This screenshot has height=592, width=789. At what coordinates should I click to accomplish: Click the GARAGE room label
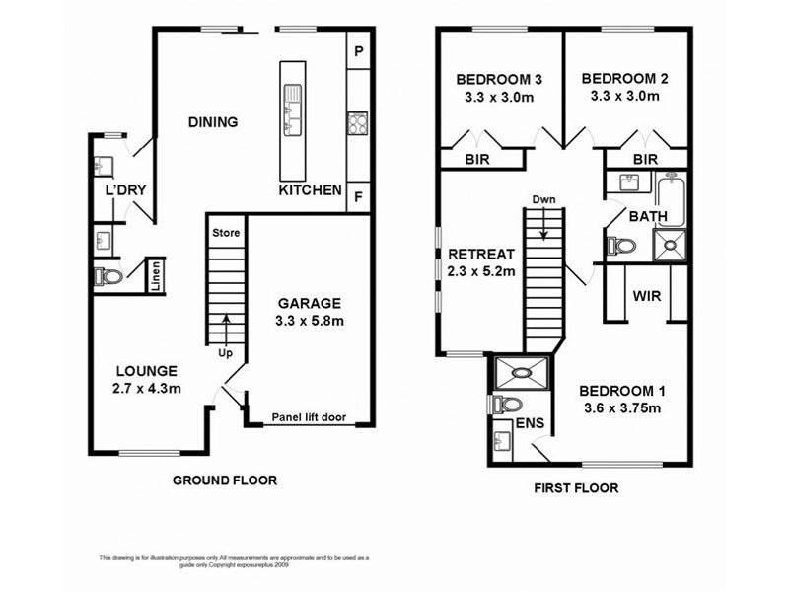[309, 303]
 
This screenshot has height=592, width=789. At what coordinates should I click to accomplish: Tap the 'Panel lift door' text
[309, 417]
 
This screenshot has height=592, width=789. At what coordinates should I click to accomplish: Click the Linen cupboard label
[156, 277]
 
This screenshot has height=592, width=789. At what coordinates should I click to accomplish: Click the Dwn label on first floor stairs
[543, 199]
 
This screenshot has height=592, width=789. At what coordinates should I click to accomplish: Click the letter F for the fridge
[358, 196]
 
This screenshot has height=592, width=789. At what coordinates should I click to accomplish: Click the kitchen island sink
[293, 97]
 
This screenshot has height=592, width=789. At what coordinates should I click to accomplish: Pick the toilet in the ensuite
[506, 405]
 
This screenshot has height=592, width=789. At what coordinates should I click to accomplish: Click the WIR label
[647, 295]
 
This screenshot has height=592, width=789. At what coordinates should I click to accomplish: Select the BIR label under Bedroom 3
[480, 158]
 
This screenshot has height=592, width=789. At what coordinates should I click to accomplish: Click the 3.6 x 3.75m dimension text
[619, 407]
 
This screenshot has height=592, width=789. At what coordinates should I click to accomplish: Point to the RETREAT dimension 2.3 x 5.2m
[482, 271]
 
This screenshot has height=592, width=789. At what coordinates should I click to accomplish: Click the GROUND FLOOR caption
[225, 481]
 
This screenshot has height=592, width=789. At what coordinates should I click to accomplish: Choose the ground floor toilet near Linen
[108, 277]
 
